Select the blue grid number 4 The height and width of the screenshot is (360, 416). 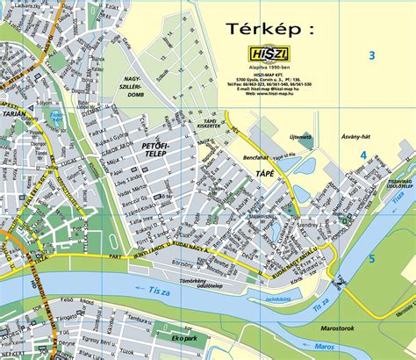pyautogui.click(x=362, y=155)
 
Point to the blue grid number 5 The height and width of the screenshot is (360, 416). pyautogui.click(x=371, y=259)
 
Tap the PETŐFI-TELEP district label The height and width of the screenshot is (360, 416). pyautogui.click(x=153, y=147)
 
